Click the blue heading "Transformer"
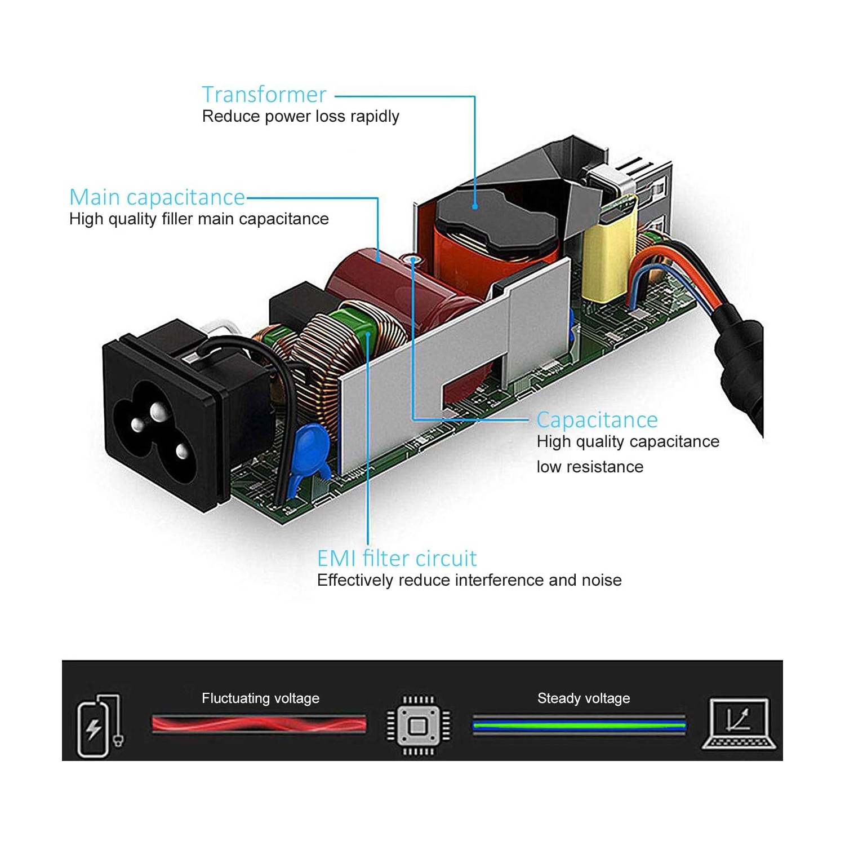coord(264,95)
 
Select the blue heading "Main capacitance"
coord(157,197)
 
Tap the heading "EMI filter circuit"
coord(397,559)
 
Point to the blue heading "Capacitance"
coord(597,420)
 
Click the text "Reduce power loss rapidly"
coord(300,117)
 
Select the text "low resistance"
coord(590,467)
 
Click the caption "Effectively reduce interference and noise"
coord(469,580)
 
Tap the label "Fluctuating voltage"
coord(260,698)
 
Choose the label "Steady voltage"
coord(584,698)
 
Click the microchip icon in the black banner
coord(418,725)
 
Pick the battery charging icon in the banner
coord(99,725)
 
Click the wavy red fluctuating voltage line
coord(259,724)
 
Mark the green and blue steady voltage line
coord(579,725)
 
